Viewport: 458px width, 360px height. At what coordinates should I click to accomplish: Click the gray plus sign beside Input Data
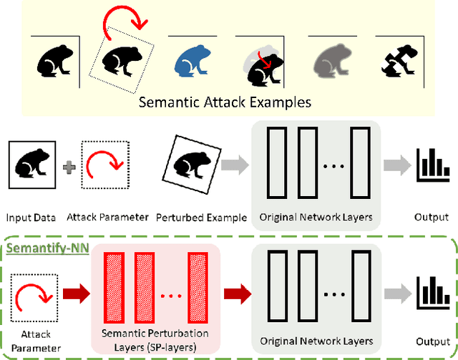(x=69, y=167)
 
